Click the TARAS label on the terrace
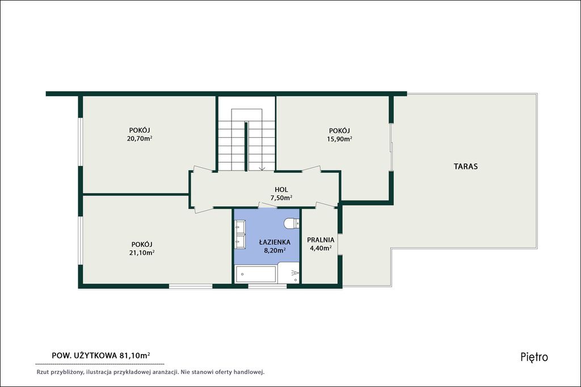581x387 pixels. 466,167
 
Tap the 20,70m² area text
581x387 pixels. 140,139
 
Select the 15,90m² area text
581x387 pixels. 339,139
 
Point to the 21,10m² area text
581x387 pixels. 142,253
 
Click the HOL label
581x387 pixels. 281,190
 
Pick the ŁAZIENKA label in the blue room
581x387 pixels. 275,242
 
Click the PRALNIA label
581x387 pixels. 321,240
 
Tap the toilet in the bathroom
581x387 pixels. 292,223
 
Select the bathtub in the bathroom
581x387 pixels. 256,274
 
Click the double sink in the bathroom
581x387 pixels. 240,234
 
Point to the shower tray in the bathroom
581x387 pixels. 289,273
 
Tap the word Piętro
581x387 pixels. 534,357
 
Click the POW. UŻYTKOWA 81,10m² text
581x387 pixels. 101,355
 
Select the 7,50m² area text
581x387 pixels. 281,198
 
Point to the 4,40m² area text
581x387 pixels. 321,248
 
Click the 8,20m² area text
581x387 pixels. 275,250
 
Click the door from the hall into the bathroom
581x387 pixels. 268,205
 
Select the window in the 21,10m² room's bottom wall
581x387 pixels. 191,286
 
